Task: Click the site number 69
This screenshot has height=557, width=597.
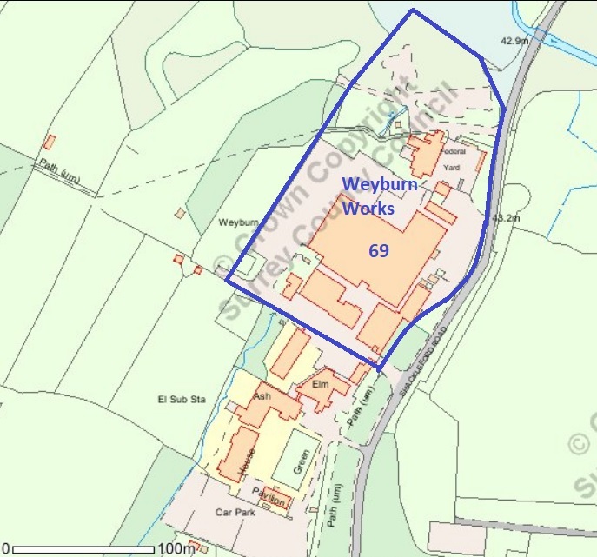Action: point(378,251)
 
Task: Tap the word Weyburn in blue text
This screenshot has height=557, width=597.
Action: point(381,185)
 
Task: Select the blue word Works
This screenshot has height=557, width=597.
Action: point(368,209)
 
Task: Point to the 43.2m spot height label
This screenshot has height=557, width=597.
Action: point(504,217)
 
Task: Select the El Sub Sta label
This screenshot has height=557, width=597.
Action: point(180,400)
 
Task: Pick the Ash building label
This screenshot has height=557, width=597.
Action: point(262,396)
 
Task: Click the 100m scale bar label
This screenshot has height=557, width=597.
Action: point(176,549)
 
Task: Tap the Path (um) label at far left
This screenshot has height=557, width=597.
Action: point(58,172)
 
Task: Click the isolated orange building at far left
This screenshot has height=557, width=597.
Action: point(50,141)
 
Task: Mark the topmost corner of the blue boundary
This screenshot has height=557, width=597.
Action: point(412,10)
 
